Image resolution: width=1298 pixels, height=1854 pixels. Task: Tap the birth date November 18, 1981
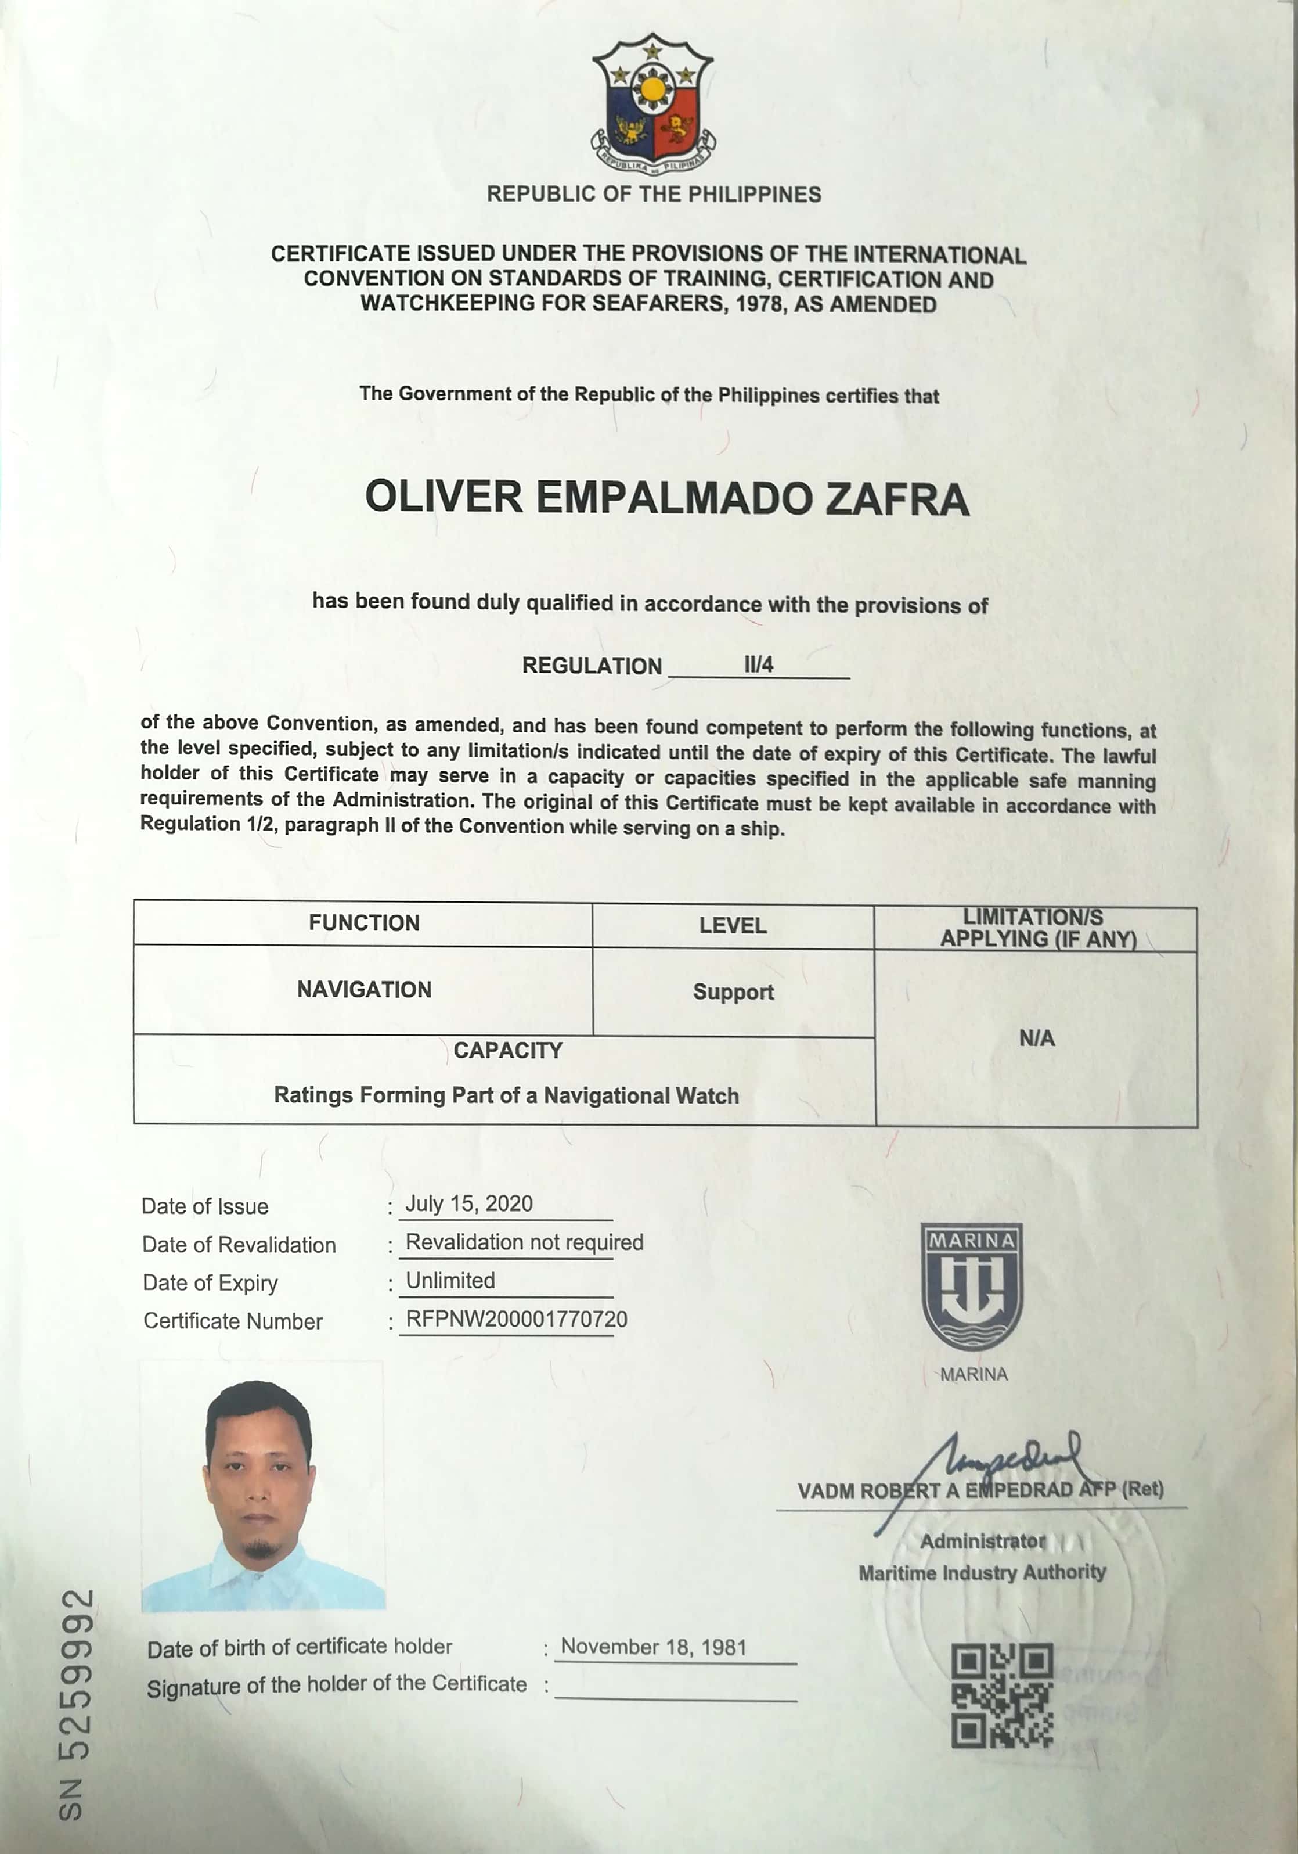tap(654, 1647)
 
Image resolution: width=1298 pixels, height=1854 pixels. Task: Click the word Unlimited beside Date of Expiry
tap(450, 1281)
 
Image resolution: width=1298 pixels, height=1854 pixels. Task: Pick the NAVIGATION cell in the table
tap(364, 989)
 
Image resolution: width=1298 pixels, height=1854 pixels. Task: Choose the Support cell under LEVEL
tap(733, 991)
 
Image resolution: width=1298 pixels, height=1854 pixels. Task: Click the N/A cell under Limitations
tap(1036, 1039)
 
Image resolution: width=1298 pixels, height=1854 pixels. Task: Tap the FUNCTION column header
tap(364, 923)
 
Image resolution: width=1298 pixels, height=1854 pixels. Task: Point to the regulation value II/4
tap(758, 664)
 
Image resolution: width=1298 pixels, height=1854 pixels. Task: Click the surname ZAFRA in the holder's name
tap(896, 498)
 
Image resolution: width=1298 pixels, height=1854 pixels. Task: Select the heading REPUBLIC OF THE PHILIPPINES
tap(653, 195)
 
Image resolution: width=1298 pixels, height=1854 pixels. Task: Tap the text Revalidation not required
tap(524, 1242)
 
